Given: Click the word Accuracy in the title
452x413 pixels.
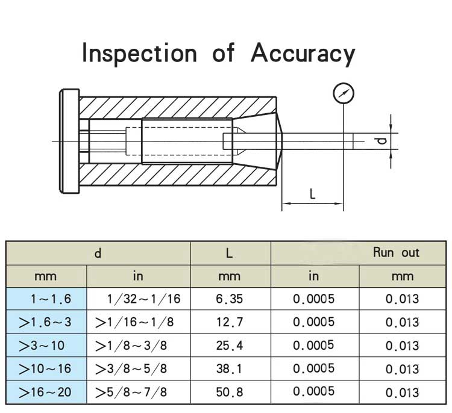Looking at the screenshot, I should (303, 54).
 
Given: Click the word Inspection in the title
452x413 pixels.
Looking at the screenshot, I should (139, 54).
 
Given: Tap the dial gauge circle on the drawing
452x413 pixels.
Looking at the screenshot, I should (344, 94).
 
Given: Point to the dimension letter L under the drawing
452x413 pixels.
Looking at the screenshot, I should (312, 194).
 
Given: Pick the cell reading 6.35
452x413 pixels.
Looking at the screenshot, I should (230, 299).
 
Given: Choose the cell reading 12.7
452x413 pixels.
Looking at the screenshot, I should (230, 322).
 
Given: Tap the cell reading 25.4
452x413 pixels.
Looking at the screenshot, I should (230, 346).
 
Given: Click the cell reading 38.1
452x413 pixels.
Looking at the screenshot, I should (230, 369).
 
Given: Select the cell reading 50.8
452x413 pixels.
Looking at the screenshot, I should (230, 393).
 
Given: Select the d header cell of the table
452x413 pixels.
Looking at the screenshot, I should (98, 253).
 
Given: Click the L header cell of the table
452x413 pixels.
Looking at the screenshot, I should (230, 253).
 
